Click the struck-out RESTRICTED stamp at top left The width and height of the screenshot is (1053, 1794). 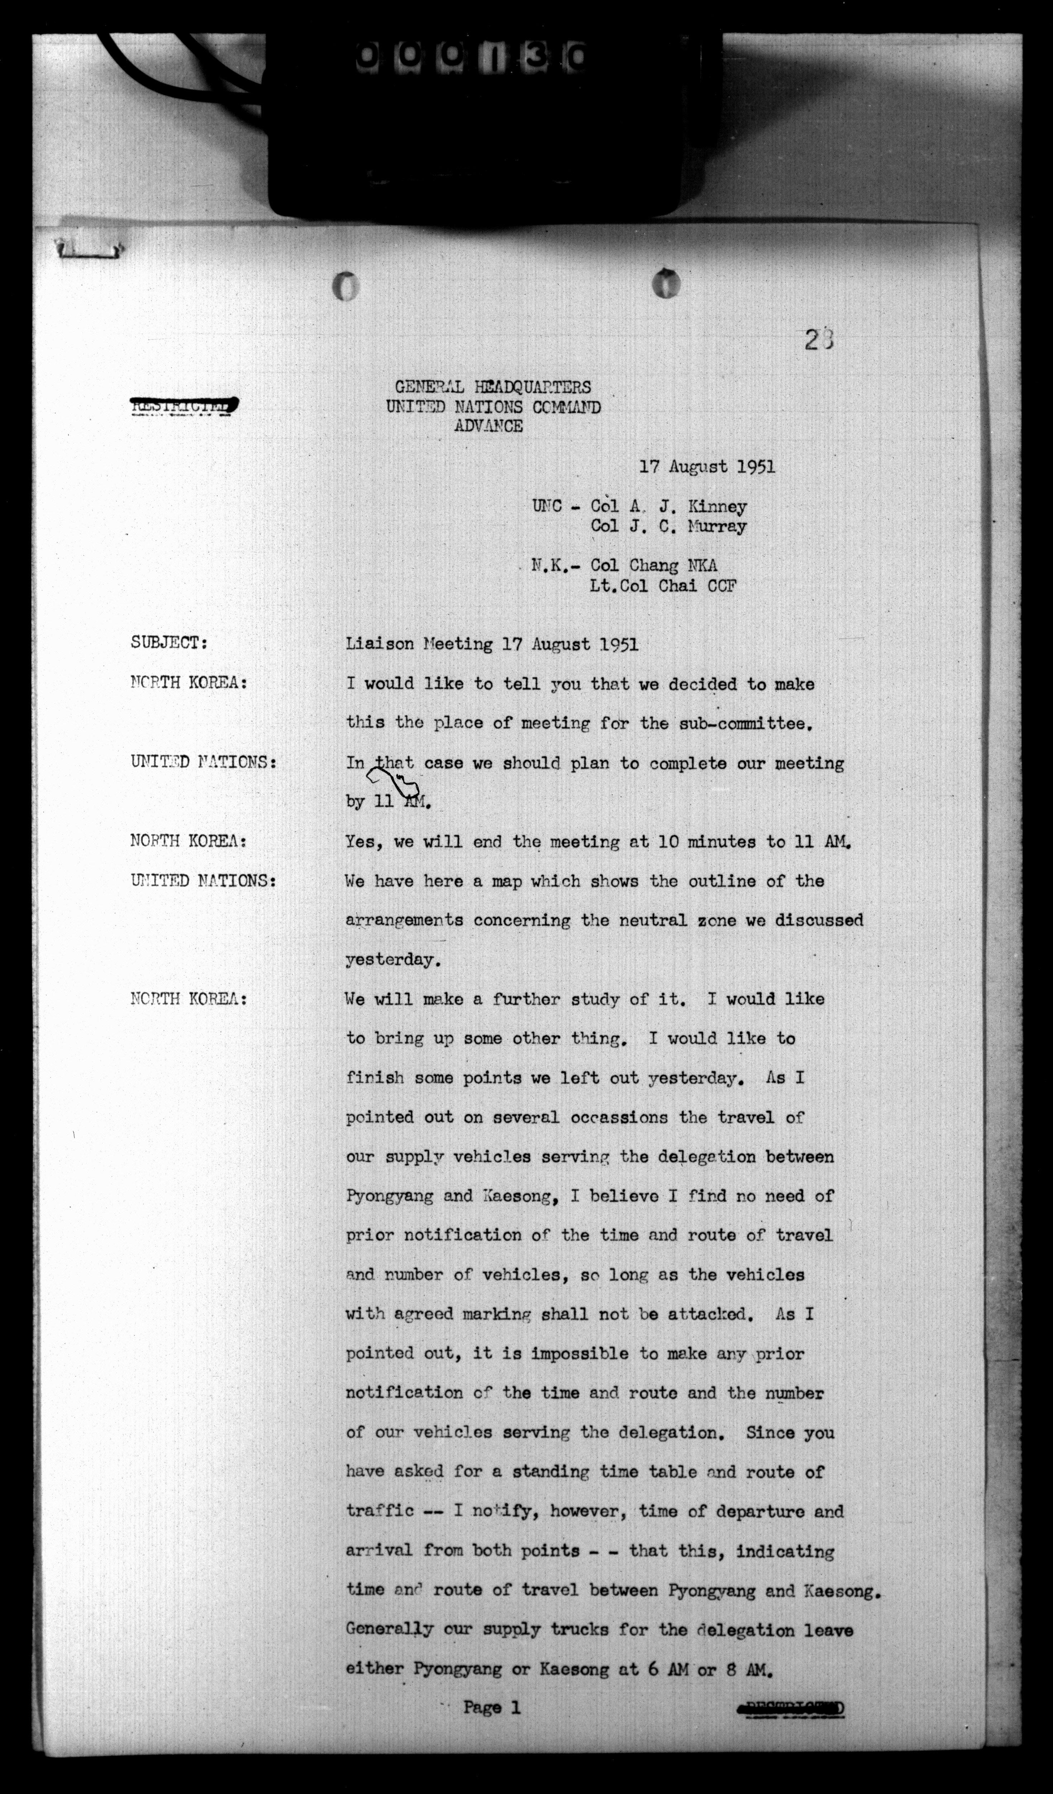pyautogui.click(x=184, y=406)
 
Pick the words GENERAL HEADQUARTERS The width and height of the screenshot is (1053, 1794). pyautogui.click(x=492, y=387)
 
